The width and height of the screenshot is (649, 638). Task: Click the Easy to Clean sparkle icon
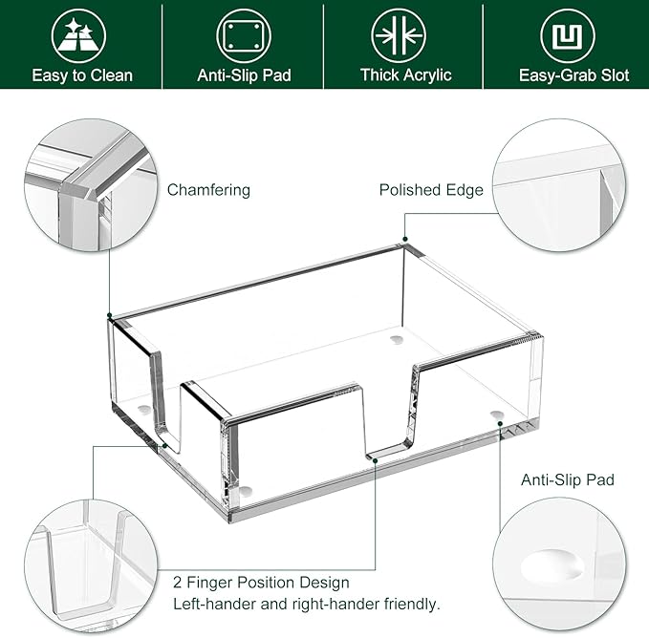coord(80,35)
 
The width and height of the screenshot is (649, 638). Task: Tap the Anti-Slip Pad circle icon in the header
coord(243,35)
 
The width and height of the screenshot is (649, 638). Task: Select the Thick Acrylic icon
coord(405,35)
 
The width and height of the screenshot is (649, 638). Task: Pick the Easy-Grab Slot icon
coord(568,35)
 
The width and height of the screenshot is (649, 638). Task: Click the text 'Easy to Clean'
coord(81,74)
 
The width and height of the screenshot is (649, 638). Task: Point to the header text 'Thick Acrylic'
coord(405,74)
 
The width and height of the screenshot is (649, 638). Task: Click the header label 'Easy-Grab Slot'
coord(573,74)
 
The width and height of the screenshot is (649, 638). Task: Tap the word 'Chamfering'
coord(208,190)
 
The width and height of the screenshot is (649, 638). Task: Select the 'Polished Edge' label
coord(431,190)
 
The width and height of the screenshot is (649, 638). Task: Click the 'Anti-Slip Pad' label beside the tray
coord(567,479)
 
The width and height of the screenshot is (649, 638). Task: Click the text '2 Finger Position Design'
coord(261,582)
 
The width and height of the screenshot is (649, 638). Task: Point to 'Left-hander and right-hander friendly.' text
coord(306,604)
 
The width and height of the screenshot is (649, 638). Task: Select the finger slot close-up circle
coord(91,564)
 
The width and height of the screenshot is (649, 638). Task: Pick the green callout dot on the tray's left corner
coord(109,315)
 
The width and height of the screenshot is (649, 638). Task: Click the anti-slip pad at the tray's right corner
coord(496,415)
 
